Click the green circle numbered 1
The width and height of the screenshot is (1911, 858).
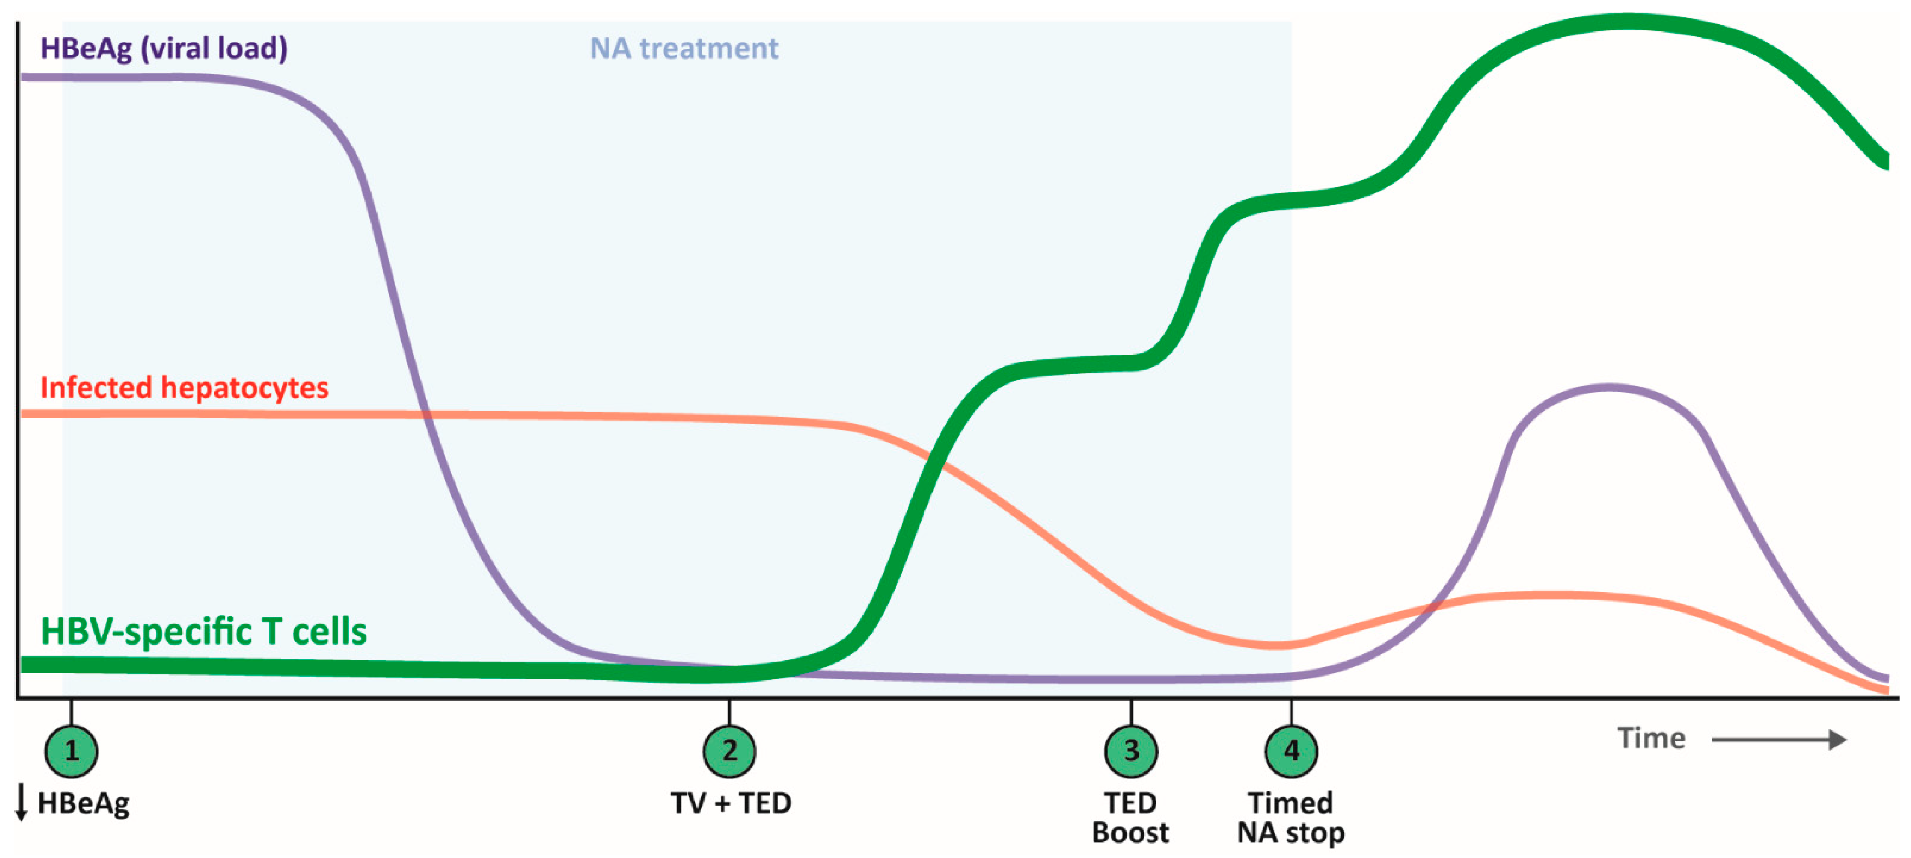pyautogui.click(x=71, y=751)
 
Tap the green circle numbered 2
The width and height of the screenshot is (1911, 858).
pyautogui.click(x=729, y=751)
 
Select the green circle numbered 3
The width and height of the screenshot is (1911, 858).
pyautogui.click(x=1131, y=751)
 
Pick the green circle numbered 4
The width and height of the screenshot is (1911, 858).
pyautogui.click(x=1291, y=751)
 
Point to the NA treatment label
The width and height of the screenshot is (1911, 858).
pyautogui.click(x=683, y=49)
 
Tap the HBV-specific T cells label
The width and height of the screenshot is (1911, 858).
pyautogui.click(x=203, y=632)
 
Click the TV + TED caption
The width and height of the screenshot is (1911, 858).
pyautogui.click(x=731, y=803)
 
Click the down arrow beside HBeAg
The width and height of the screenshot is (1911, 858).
pyautogui.click(x=22, y=803)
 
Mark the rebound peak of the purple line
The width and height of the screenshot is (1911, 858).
pyautogui.click(x=1610, y=387)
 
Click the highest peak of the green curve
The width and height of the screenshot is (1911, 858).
pyautogui.click(x=1624, y=22)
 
